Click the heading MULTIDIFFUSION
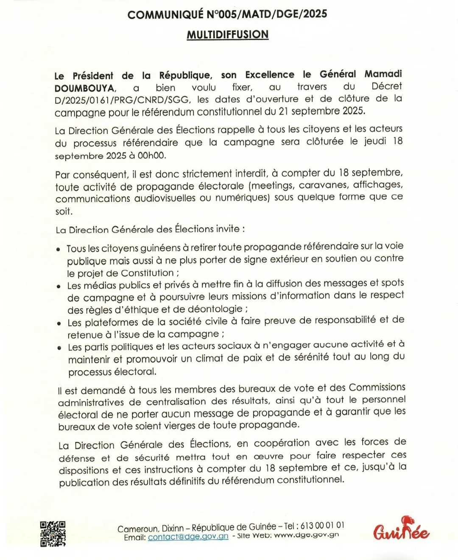(228, 34)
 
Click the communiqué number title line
(227, 14)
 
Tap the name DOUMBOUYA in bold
(85, 88)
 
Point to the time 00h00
(151, 155)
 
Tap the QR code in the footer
(53, 534)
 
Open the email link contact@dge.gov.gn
(188, 537)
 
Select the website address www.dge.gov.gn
(307, 535)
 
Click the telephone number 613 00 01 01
(322, 526)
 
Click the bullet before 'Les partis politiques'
(59, 348)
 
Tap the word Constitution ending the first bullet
(147, 273)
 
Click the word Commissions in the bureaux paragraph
(377, 387)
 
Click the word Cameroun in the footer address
(138, 529)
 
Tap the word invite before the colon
(228, 229)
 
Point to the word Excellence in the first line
(270, 75)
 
